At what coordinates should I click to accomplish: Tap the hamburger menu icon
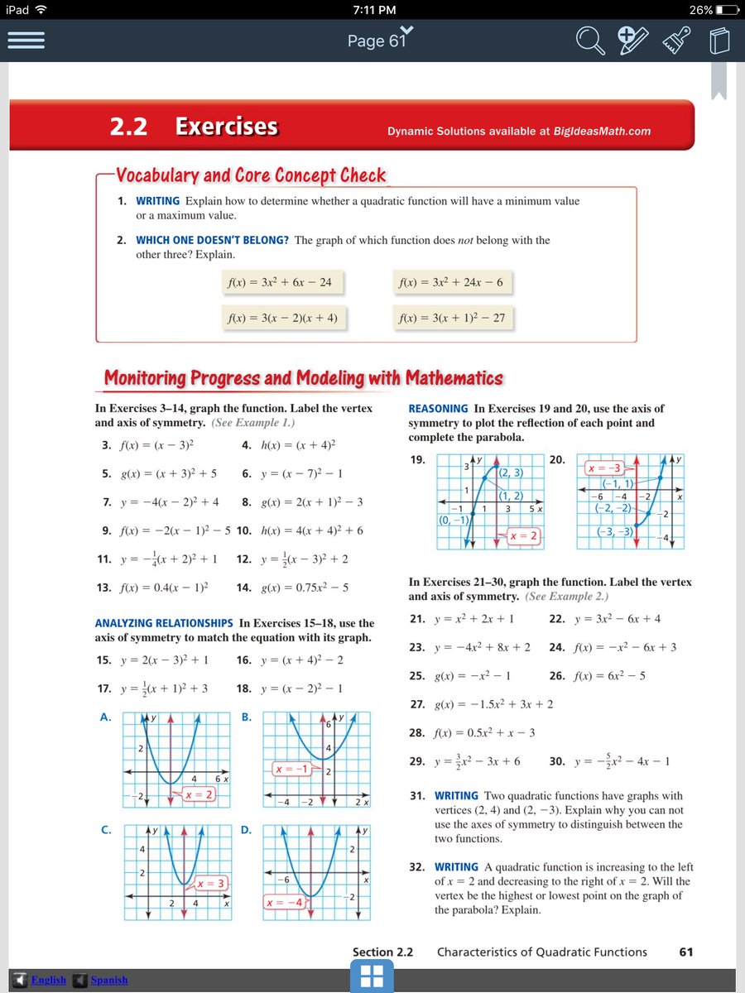tap(26, 41)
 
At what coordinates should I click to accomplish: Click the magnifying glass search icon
tap(591, 41)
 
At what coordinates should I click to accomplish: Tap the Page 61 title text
tap(377, 41)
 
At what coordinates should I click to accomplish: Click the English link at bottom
tap(48, 980)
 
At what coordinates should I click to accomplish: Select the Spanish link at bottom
tap(109, 980)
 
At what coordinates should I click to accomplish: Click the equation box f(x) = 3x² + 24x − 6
tap(450, 282)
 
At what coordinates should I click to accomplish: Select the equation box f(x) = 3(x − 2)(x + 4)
tap(283, 318)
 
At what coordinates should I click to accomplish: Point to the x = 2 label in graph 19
tap(524, 536)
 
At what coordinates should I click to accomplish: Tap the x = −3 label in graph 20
tap(604, 468)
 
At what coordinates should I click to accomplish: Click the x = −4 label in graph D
tap(284, 901)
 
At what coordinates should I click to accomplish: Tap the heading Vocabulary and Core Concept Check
tap(251, 175)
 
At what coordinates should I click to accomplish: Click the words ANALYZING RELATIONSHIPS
tap(164, 623)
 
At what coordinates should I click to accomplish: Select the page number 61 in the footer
tap(685, 952)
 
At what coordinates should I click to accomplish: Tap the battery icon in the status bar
tap(727, 10)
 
